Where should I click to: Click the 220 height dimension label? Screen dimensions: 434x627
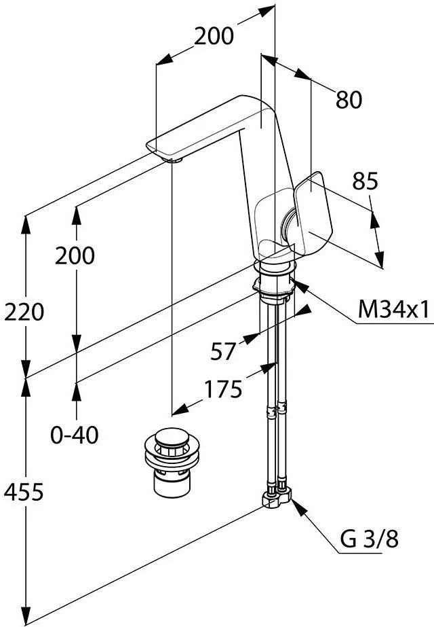click(24, 312)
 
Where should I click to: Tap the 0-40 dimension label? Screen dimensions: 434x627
click(75, 435)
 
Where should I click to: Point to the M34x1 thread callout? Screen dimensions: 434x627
click(393, 309)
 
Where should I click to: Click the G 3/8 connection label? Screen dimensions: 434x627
click(370, 539)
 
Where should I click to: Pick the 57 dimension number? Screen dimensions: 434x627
click(223, 351)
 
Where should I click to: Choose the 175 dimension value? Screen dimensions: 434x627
click(223, 389)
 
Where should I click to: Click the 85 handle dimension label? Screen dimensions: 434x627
click(365, 181)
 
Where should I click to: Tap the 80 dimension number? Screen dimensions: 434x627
click(349, 100)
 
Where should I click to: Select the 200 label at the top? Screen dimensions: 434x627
click(214, 36)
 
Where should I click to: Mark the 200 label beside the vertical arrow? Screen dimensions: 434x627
click(75, 255)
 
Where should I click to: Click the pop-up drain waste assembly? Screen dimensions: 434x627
click(172, 462)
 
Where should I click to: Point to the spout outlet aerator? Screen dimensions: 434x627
click(174, 160)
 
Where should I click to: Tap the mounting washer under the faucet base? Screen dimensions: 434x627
click(274, 285)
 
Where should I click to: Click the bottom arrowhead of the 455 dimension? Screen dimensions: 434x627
click(26, 617)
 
